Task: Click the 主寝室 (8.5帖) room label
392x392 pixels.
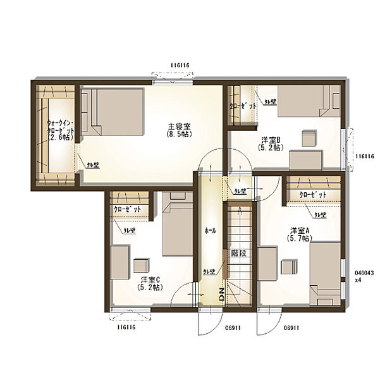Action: [x=179, y=130]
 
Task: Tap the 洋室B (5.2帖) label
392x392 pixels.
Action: [x=272, y=144]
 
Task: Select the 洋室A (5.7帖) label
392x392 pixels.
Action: [x=298, y=235]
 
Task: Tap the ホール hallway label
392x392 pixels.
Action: [x=211, y=231]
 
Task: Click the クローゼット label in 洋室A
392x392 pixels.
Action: [x=312, y=195]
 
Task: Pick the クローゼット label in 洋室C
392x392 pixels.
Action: [x=126, y=209]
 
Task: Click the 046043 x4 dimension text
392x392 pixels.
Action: [x=364, y=276]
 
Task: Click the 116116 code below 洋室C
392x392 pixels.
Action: [x=126, y=328]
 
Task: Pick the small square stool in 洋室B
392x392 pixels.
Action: [x=309, y=138]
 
